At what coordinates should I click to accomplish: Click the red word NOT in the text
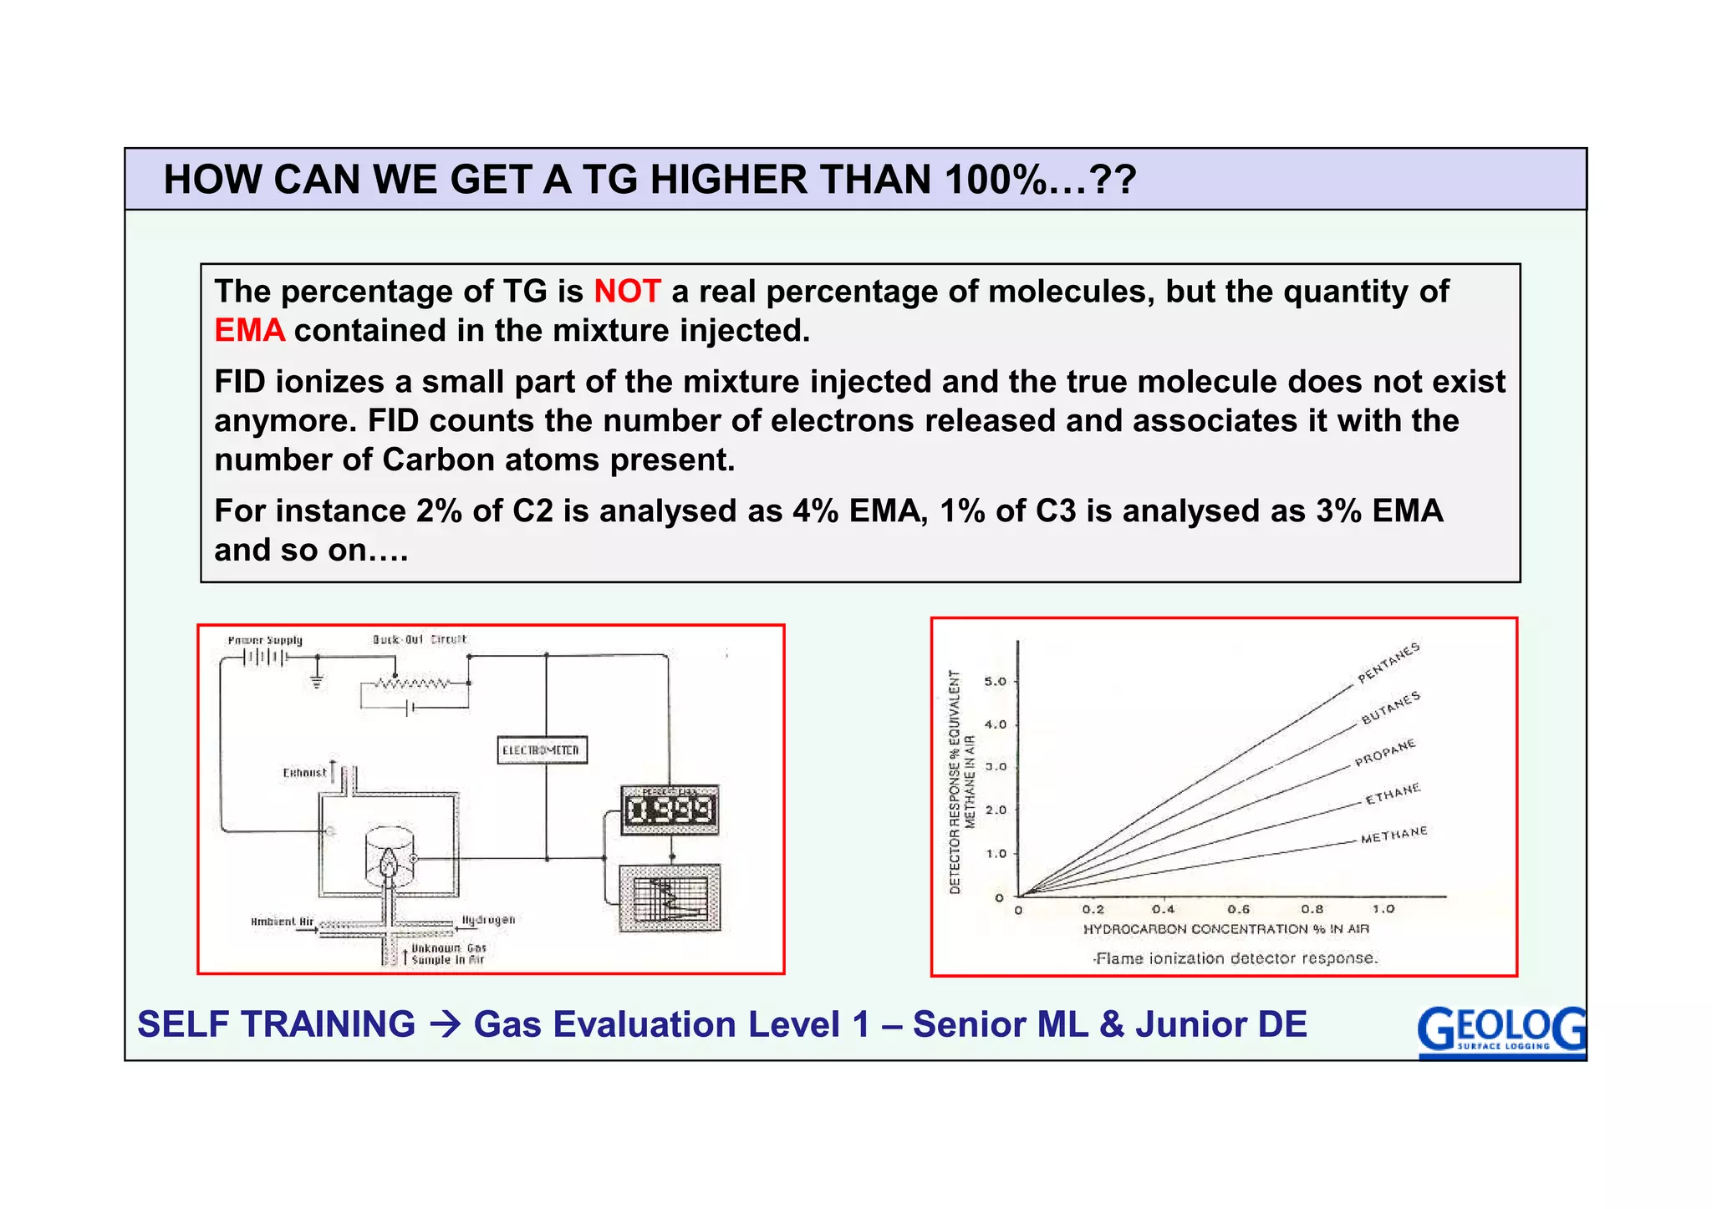tap(627, 292)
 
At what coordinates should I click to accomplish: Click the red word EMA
tap(249, 331)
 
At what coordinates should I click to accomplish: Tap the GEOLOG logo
tap(1501, 1031)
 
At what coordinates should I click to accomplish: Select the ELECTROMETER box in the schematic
tap(542, 750)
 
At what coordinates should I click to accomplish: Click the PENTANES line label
tap(1388, 663)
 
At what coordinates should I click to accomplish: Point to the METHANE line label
tap(1393, 835)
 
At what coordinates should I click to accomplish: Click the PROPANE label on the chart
tap(1384, 752)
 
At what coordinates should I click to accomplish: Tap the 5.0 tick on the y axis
tap(995, 682)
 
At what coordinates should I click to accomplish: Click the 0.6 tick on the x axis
tap(1238, 909)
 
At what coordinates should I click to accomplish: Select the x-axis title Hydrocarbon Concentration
tap(1225, 929)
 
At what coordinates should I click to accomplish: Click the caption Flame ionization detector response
tap(1235, 958)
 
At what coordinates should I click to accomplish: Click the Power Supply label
tap(265, 641)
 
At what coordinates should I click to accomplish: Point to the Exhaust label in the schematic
tap(304, 773)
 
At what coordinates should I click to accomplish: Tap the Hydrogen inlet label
tap(488, 920)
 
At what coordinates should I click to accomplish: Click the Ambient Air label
tap(282, 922)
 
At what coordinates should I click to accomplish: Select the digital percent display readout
tap(670, 810)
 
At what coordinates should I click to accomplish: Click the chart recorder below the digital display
tap(669, 899)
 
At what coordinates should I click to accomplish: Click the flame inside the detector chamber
tap(389, 862)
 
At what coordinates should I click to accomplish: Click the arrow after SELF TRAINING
tap(445, 1024)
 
